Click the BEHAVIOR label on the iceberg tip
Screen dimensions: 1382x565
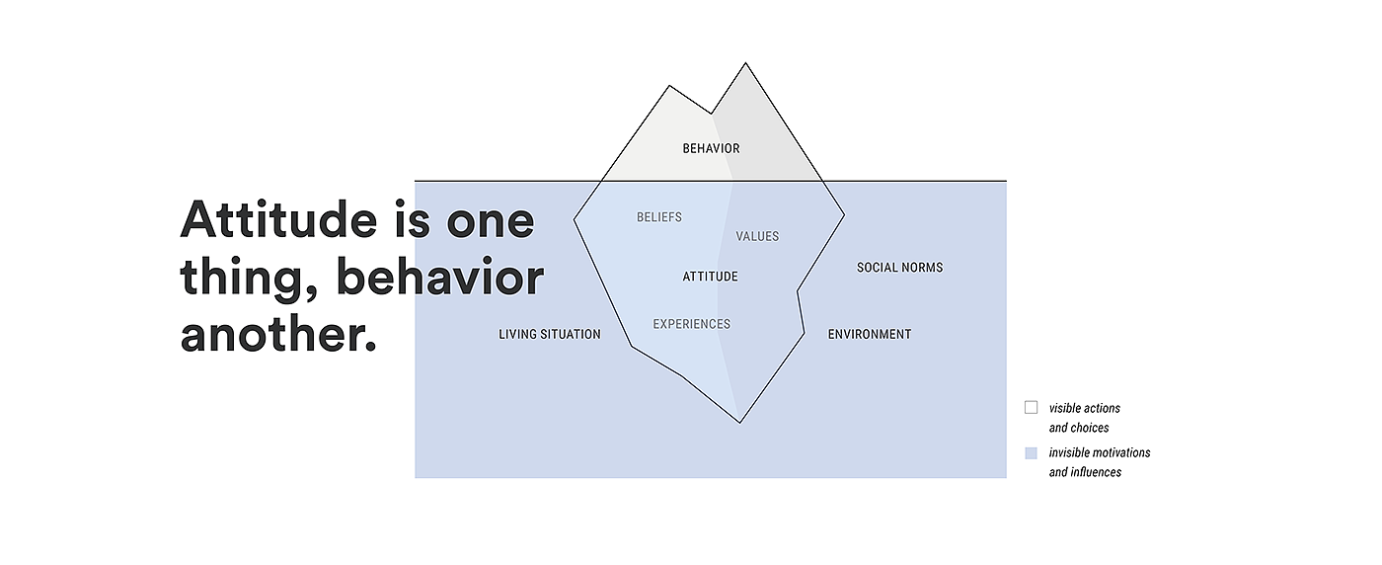tap(711, 149)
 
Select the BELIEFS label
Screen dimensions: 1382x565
tap(658, 217)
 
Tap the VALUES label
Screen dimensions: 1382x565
tap(757, 237)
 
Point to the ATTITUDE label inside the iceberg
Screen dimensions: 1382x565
tap(710, 278)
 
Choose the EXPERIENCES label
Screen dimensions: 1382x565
tap(691, 324)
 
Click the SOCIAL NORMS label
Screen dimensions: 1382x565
tap(899, 268)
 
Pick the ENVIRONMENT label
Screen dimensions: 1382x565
tap(869, 335)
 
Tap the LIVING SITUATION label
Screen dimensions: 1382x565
tap(549, 335)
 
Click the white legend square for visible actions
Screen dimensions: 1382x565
tap(1031, 407)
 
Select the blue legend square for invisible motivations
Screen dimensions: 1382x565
tap(1031, 452)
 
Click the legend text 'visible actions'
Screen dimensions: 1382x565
tap(1084, 408)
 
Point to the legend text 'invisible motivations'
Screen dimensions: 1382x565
tap(1099, 453)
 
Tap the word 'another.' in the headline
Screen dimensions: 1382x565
tap(278, 335)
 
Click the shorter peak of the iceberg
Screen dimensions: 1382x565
tap(670, 87)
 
